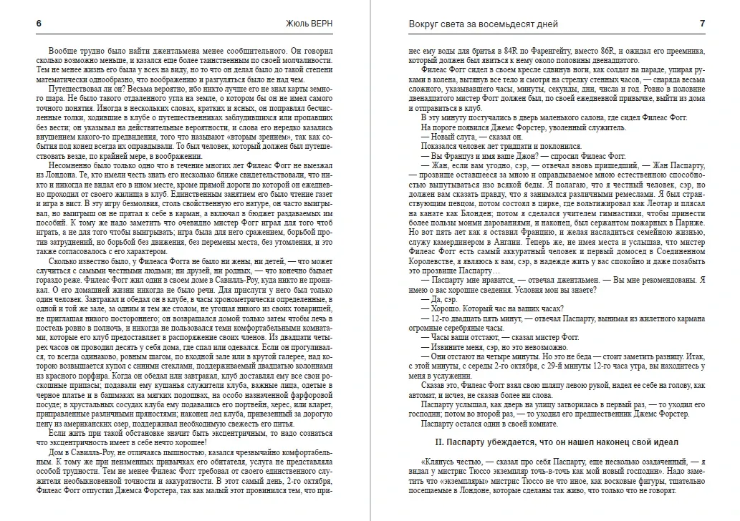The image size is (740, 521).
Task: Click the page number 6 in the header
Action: [38, 24]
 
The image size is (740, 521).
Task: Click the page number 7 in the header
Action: [703, 24]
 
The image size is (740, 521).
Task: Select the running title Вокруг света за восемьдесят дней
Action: [466, 24]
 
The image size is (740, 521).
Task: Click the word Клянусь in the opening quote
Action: [442, 462]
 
